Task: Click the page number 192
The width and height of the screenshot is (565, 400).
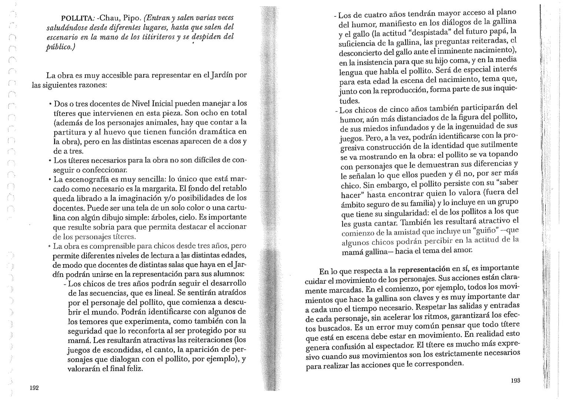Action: point(34,388)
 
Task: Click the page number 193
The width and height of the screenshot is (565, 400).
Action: point(515,381)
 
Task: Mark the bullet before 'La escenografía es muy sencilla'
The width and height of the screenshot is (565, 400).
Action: point(49,179)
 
